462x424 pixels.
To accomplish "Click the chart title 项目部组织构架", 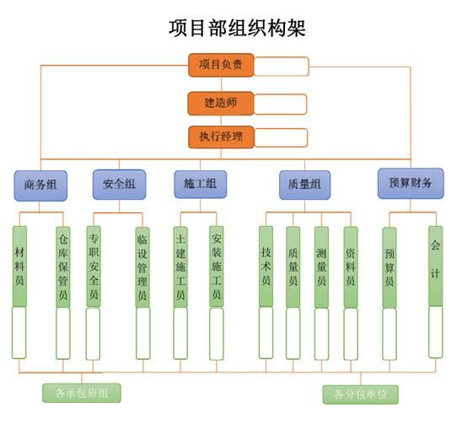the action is point(237,29).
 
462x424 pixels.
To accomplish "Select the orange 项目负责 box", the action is point(221,65).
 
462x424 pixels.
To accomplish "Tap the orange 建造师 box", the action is point(221,103).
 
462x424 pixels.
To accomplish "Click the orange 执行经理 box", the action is point(221,137).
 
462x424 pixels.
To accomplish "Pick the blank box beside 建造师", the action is point(280,104).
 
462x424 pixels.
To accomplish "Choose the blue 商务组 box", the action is point(40,185).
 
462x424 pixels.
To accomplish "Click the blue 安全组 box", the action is point(120,185).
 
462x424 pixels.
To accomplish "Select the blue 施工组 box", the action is point(201,184).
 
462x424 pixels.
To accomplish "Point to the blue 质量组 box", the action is point(304,185).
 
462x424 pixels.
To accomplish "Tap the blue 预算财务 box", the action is point(411,183).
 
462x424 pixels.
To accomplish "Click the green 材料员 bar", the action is point(19,266).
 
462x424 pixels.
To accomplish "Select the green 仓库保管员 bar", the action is point(63,267).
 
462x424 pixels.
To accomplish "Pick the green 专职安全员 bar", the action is point(94,266).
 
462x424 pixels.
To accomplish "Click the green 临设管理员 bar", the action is point(142,267).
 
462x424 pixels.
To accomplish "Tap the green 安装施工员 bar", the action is point(217,266).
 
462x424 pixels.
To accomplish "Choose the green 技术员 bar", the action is point(266,266).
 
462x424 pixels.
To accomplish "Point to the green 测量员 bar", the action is point(321,267).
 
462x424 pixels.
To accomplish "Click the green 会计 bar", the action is point(436,266).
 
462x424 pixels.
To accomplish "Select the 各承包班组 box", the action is point(82,393).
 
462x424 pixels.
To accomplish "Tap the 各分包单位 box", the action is point(361,394).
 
